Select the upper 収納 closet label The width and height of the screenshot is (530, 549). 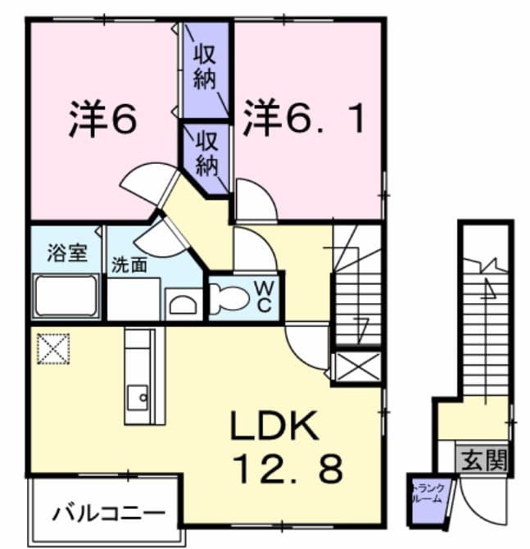click(205, 68)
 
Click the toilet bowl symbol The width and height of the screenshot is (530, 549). click(227, 300)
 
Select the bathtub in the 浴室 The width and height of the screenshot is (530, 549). click(66, 297)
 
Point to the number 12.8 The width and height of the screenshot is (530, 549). click(288, 470)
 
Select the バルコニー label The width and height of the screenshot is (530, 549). click(103, 515)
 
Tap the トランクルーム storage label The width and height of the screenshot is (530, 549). click(427, 493)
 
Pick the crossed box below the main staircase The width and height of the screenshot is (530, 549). click(358, 366)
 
